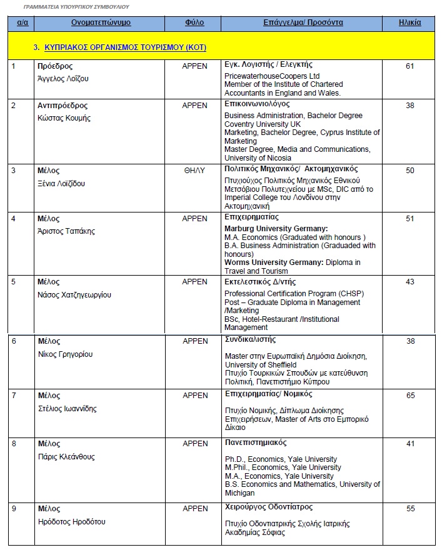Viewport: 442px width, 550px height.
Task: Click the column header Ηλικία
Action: click(409, 22)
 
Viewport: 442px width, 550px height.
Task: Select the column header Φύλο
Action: click(194, 22)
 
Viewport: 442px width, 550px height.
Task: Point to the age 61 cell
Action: click(409, 66)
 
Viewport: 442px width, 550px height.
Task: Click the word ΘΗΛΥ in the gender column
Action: click(194, 170)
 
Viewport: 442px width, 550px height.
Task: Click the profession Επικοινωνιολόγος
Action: click(257, 104)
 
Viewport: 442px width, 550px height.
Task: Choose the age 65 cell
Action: click(410, 396)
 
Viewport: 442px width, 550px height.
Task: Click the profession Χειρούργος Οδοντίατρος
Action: click(268, 507)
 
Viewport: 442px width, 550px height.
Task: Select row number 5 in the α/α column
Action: click(14, 282)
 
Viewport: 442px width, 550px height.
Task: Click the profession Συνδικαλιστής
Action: click(249, 340)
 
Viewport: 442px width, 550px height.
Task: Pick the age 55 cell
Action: click(410, 509)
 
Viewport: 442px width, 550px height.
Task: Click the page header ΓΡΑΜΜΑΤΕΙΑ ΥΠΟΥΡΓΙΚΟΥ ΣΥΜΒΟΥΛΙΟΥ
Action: click(77, 6)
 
